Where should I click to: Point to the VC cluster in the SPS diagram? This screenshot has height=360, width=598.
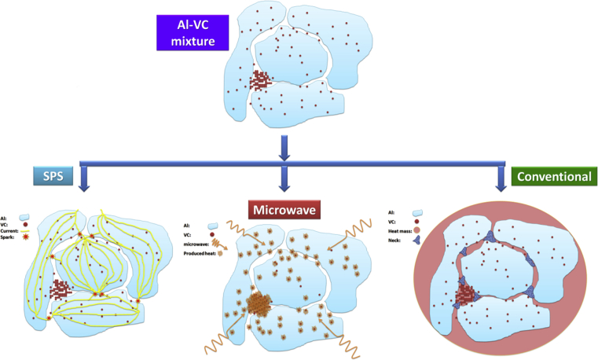coord(59,290)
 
